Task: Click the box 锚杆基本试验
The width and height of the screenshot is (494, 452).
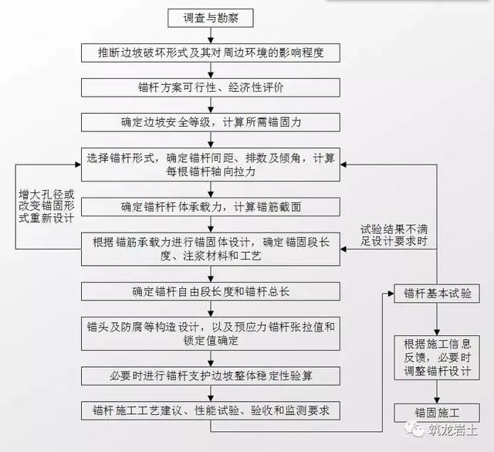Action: click(x=437, y=294)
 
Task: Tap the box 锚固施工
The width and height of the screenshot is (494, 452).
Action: click(x=437, y=412)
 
